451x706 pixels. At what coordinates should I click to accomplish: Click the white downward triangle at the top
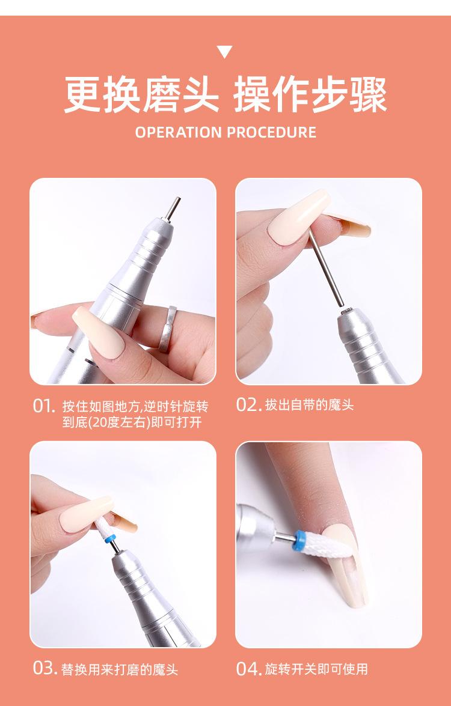click(x=225, y=52)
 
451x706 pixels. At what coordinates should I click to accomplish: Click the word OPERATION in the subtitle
click(x=179, y=132)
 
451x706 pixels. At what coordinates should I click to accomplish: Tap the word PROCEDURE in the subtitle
click(x=272, y=132)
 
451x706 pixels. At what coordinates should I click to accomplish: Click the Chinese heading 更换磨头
click(x=141, y=95)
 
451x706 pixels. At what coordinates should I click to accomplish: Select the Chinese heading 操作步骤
click(x=310, y=95)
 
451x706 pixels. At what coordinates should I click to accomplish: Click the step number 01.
click(x=44, y=406)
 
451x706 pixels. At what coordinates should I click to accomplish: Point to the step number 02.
click(x=249, y=405)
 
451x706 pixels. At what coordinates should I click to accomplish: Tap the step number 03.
click(x=45, y=668)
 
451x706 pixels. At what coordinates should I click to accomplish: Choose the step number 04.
click(x=249, y=668)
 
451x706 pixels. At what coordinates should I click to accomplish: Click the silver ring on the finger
click(x=166, y=329)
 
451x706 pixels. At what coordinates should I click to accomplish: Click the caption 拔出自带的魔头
click(x=309, y=405)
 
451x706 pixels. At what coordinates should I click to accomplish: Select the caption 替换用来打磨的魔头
click(x=120, y=669)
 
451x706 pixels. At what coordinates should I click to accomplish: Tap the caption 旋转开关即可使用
click(x=316, y=669)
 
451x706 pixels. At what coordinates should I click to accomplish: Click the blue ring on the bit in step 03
click(x=111, y=538)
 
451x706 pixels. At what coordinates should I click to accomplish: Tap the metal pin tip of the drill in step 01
click(x=173, y=208)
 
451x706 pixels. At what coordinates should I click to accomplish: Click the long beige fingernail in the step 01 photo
click(x=98, y=332)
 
